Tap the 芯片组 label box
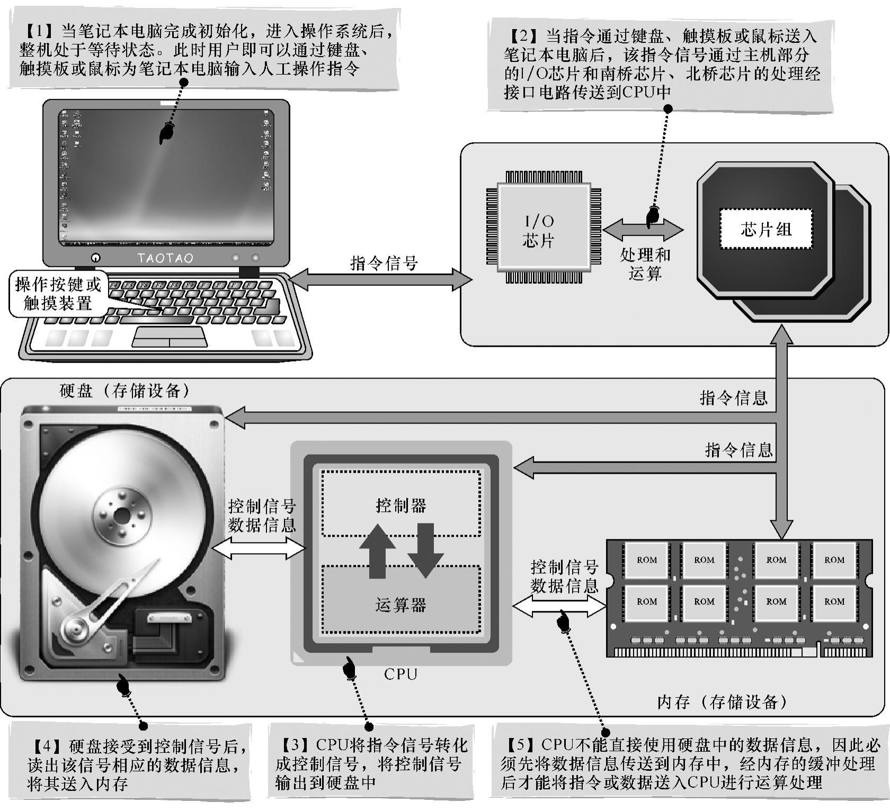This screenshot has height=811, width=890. (766, 229)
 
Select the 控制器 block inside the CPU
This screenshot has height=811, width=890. (401, 503)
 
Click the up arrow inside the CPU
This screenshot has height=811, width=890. (377, 551)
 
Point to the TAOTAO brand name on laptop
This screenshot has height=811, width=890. (165, 258)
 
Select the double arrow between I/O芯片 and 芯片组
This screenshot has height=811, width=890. (643, 230)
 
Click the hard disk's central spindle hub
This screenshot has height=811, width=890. (122, 514)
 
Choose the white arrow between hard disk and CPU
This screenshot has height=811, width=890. (259, 548)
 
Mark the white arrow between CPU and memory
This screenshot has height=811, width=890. (559, 607)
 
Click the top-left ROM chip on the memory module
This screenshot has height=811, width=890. (646, 560)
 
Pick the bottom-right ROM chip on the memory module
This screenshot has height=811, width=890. (834, 602)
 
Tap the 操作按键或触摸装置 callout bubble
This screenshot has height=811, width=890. (58, 294)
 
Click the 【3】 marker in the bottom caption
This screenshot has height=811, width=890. (295, 745)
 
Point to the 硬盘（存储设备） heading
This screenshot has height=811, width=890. (125, 391)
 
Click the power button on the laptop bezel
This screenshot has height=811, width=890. (96, 258)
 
